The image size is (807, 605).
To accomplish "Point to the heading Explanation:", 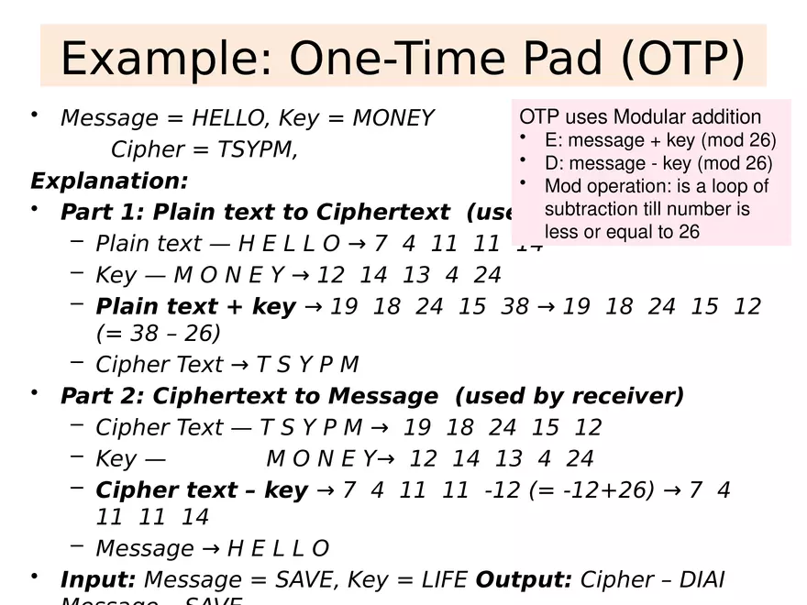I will [x=109, y=180].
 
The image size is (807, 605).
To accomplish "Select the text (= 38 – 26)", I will [x=158, y=333].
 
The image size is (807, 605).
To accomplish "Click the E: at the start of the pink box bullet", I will [x=556, y=140].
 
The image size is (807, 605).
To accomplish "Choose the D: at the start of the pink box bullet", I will [x=556, y=163].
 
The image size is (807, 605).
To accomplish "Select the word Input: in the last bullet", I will [x=98, y=579].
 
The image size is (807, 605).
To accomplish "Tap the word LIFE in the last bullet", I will [x=441, y=579].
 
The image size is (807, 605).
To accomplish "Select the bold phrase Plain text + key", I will [x=195, y=306].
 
